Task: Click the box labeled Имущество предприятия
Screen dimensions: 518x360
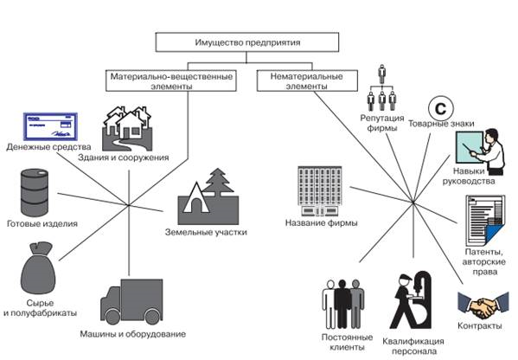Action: pyautogui.click(x=247, y=42)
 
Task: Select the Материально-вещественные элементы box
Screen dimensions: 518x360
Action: pyautogui.click(x=171, y=80)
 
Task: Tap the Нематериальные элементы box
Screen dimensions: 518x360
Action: pyautogui.click(x=307, y=80)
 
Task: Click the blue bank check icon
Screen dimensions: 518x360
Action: pyautogui.click(x=50, y=126)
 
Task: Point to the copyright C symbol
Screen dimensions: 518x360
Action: pyautogui.click(x=441, y=108)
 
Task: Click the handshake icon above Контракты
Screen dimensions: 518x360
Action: pyautogui.click(x=483, y=305)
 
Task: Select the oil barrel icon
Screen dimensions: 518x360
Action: pyautogui.click(x=35, y=192)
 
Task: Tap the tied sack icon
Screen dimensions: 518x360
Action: pyautogui.click(x=38, y=268)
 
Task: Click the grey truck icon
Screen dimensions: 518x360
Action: pyautogui.click(x=131, y=302)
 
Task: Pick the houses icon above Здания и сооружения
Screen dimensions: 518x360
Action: pyautogui.click(x=127, y=128)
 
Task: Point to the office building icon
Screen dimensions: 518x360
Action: pyautogui.click(x=320, y=191)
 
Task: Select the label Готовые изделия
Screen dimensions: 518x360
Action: pyautogui.click(x=42, y=224)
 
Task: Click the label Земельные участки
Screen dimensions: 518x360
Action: pyautogui.click(x=206, y=232)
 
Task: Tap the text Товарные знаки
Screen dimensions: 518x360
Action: pyautogui.click(x=441, y=124)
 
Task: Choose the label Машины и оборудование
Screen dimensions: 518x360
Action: pyautogui.click(x=133, y=334)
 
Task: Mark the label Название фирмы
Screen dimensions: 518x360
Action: pyautogui.click(x=321, y=222)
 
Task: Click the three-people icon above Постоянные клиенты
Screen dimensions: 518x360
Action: pyautogui.click(x=343, y=304)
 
